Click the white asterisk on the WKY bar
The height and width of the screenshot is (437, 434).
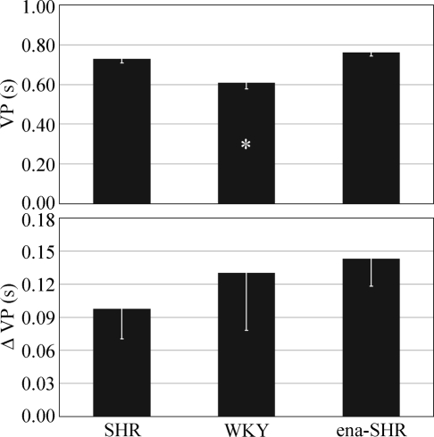pyautogui.click(x=246, y=144)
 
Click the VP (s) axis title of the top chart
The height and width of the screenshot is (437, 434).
pyautogui.click(x=13, y=105)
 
